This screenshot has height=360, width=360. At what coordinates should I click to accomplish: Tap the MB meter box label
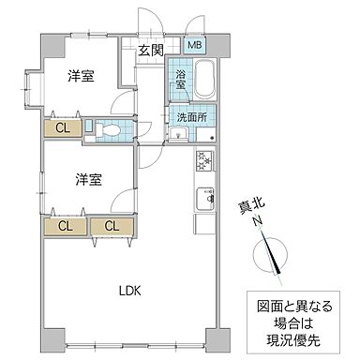tap(194, 45)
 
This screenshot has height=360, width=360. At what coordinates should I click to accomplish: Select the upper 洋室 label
tap(81, 78)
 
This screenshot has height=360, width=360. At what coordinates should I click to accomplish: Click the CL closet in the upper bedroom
tap(60, 129)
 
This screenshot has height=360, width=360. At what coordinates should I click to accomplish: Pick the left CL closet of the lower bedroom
tap(66, 225)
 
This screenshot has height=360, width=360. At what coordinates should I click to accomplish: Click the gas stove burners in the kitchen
tap(204, 161)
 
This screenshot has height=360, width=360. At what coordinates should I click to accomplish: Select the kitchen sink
tap(204, 198)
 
